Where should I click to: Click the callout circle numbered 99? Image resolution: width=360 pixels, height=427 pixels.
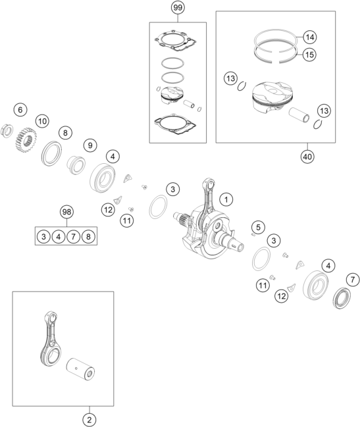[178, 7]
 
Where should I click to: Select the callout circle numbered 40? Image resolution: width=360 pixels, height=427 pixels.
[307, 157]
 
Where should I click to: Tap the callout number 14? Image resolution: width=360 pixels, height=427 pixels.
[309, 37]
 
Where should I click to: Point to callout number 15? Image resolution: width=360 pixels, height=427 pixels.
[309, 55]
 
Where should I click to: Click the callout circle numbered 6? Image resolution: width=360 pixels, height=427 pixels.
[20, 110]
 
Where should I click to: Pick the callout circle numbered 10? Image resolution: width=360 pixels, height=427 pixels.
[43, 121]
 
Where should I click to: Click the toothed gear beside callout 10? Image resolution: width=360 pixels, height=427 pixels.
[25, 140]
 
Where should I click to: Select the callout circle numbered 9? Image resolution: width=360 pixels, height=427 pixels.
[90, 145]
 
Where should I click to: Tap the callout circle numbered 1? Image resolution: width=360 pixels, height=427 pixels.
[226, 199]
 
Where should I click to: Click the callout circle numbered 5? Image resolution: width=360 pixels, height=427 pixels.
[258, 227]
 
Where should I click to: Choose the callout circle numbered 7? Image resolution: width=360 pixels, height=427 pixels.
[353, 280]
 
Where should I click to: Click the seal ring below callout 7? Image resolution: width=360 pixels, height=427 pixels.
[342, 298]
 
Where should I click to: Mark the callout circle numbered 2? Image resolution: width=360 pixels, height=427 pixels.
[90, 420]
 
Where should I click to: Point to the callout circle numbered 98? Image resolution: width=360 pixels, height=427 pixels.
[66, 212]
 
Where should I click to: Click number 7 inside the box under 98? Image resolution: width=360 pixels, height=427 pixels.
[73, 236]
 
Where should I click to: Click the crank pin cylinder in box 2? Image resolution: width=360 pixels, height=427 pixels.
[80, 369]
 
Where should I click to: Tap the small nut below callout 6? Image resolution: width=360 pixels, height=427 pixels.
[7, 130]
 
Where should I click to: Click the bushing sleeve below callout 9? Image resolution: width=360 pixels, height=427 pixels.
[76, 164]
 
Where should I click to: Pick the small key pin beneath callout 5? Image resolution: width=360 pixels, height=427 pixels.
[253, 234]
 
